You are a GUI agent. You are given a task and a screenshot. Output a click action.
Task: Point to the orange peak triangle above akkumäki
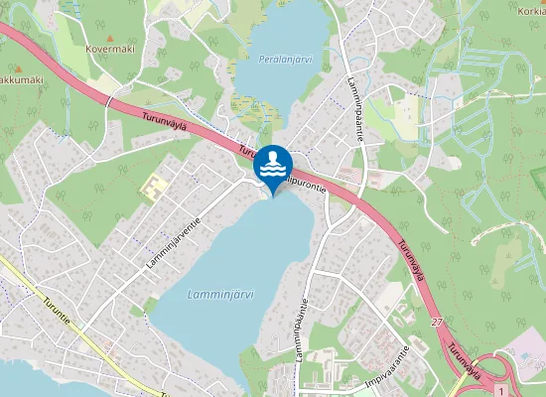[x=16, y=67]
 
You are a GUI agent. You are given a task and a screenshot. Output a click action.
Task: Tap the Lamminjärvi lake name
[x=220, y=294]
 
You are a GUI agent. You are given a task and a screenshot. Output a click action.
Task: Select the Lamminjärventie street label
[x=174, y=243]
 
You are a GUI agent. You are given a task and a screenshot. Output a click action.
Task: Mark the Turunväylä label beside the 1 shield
[x=469, y=359]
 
